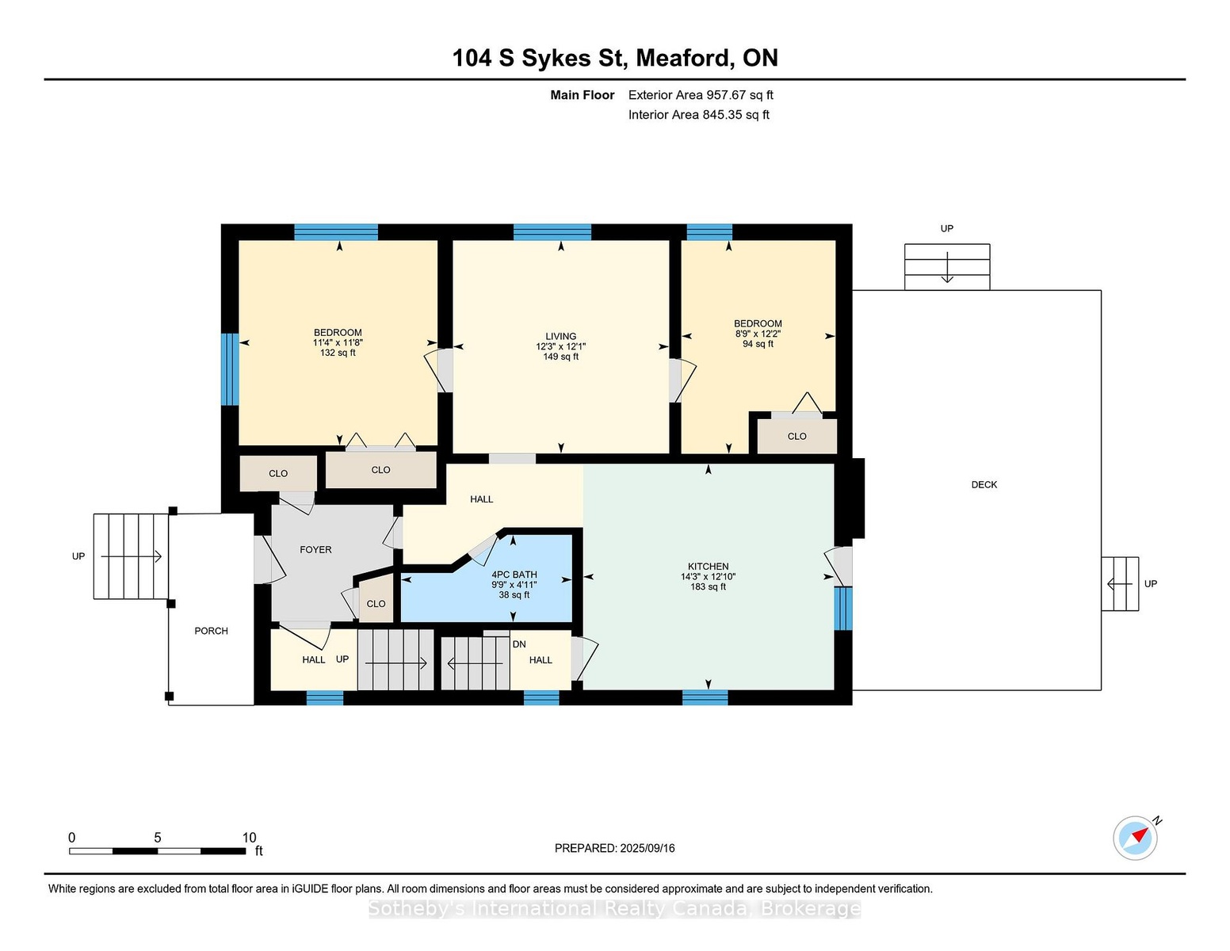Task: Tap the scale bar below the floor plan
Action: coord(158,851)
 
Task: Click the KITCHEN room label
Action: coord(708,567)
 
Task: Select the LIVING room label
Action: coord(560,336)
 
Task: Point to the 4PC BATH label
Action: coord(514,575)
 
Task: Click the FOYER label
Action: coord(315,549)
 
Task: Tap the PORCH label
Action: coord(211,631)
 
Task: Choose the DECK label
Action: coord(984,484)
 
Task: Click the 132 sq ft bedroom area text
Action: coord(338,353)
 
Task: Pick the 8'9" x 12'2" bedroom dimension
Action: coord(758,334)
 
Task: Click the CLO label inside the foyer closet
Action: coord(376,604)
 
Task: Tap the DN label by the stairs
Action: coord(519,644)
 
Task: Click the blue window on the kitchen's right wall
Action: coord(842,608)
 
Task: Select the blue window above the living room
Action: coord(552,232)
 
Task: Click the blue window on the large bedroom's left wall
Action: coord(229,369)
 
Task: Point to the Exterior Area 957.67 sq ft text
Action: coord(701,95)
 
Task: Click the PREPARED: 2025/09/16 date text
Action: coord(615,848)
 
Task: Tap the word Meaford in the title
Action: coord(682,58)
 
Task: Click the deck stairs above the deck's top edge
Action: coord(947,267)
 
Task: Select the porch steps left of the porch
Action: coord(132,556)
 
